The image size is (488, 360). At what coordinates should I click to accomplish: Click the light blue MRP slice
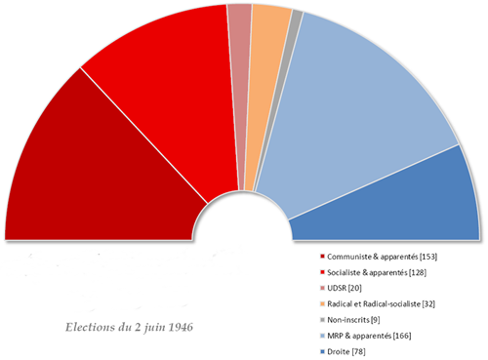pos(361,107)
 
